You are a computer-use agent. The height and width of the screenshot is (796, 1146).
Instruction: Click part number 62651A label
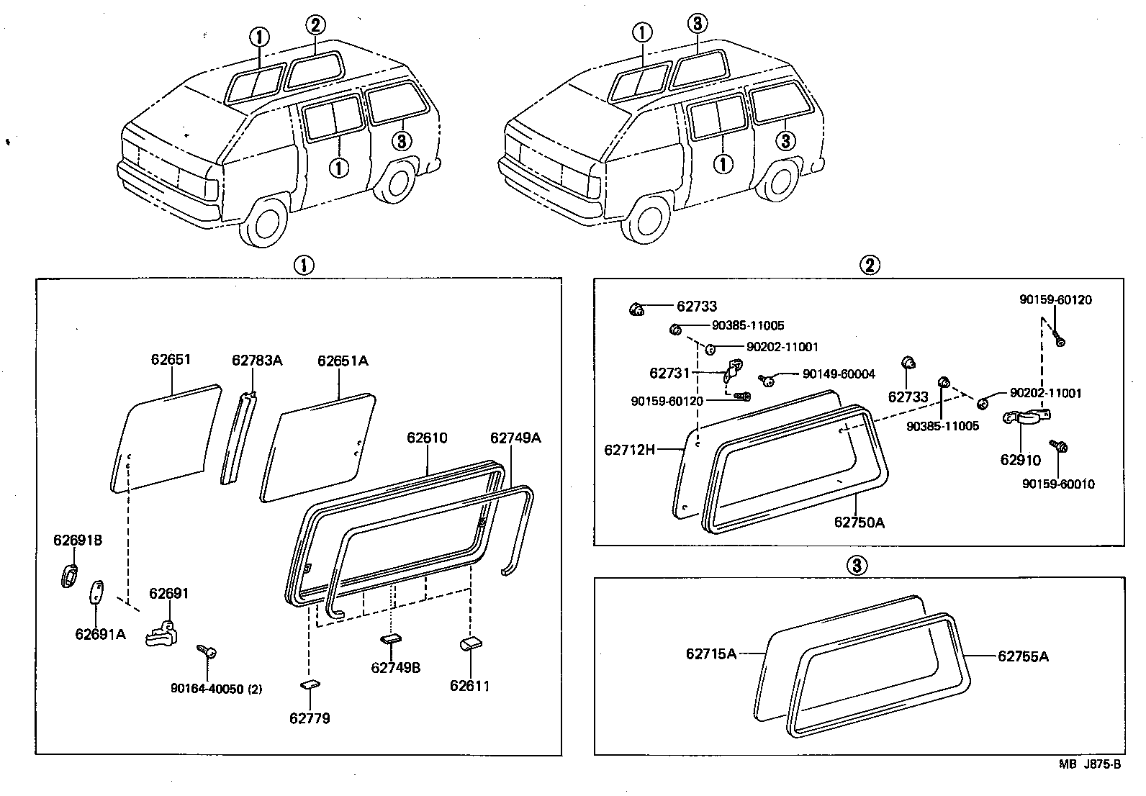(343, 361)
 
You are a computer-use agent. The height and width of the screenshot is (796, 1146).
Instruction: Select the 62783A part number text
(257, 361)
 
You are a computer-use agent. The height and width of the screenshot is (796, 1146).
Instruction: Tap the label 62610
(427, 438)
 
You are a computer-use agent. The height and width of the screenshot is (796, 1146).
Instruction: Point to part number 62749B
(395, 667)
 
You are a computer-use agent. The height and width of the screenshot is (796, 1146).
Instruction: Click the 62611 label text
(469, 685)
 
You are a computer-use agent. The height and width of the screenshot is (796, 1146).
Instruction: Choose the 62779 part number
(310, 718)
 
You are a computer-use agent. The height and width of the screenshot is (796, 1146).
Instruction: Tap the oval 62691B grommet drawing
(69, 576)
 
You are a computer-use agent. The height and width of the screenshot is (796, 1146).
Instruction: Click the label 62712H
(629, 450)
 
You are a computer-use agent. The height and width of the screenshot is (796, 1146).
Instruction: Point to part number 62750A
(859, 522)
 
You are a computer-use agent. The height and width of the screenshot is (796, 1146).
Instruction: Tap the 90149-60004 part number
(839, 374)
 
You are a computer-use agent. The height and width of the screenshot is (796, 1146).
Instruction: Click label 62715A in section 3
(710, 653)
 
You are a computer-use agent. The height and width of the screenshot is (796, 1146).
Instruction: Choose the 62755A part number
(1022, 656)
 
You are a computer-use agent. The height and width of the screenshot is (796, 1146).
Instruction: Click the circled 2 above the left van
(315, 25)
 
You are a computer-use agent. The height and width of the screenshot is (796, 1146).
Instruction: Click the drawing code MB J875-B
(1089, 764)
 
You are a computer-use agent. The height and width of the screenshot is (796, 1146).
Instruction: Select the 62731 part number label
(669, 373)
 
